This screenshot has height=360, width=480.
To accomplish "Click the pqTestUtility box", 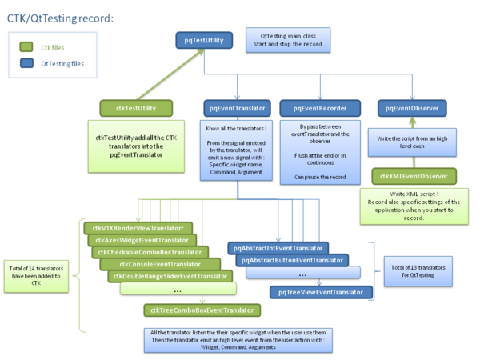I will point(203,38).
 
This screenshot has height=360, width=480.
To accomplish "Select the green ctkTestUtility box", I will point(135,107).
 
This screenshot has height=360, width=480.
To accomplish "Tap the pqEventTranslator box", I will point(237,107).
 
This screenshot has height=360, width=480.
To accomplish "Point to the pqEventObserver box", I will point(412,107).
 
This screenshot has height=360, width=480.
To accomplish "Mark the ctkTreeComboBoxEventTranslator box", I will point(201,310).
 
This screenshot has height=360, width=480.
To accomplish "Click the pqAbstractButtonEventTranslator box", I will point(292,259).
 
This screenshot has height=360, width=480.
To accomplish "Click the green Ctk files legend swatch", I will point(26,48).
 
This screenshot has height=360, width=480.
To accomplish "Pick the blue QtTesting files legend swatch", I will point(26,63).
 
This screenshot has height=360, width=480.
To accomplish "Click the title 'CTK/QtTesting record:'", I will point(60,17).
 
